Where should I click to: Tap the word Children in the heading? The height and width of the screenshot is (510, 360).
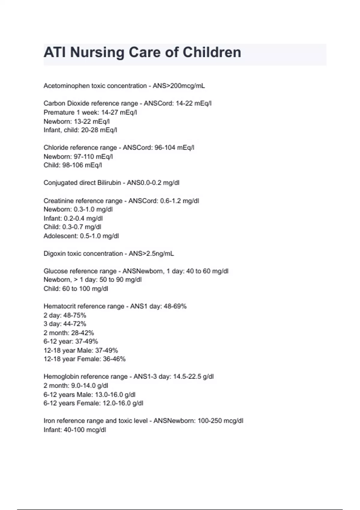212,52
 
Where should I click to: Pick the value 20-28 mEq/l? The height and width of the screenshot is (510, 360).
99,130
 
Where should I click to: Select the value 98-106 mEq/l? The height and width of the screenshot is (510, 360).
82,165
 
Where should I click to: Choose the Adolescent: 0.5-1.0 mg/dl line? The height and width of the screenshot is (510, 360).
81,236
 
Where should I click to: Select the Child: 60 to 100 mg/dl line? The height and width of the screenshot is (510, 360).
76,289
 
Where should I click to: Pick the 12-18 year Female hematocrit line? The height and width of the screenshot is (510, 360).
85,359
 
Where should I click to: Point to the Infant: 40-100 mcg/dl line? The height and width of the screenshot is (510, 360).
75,430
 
